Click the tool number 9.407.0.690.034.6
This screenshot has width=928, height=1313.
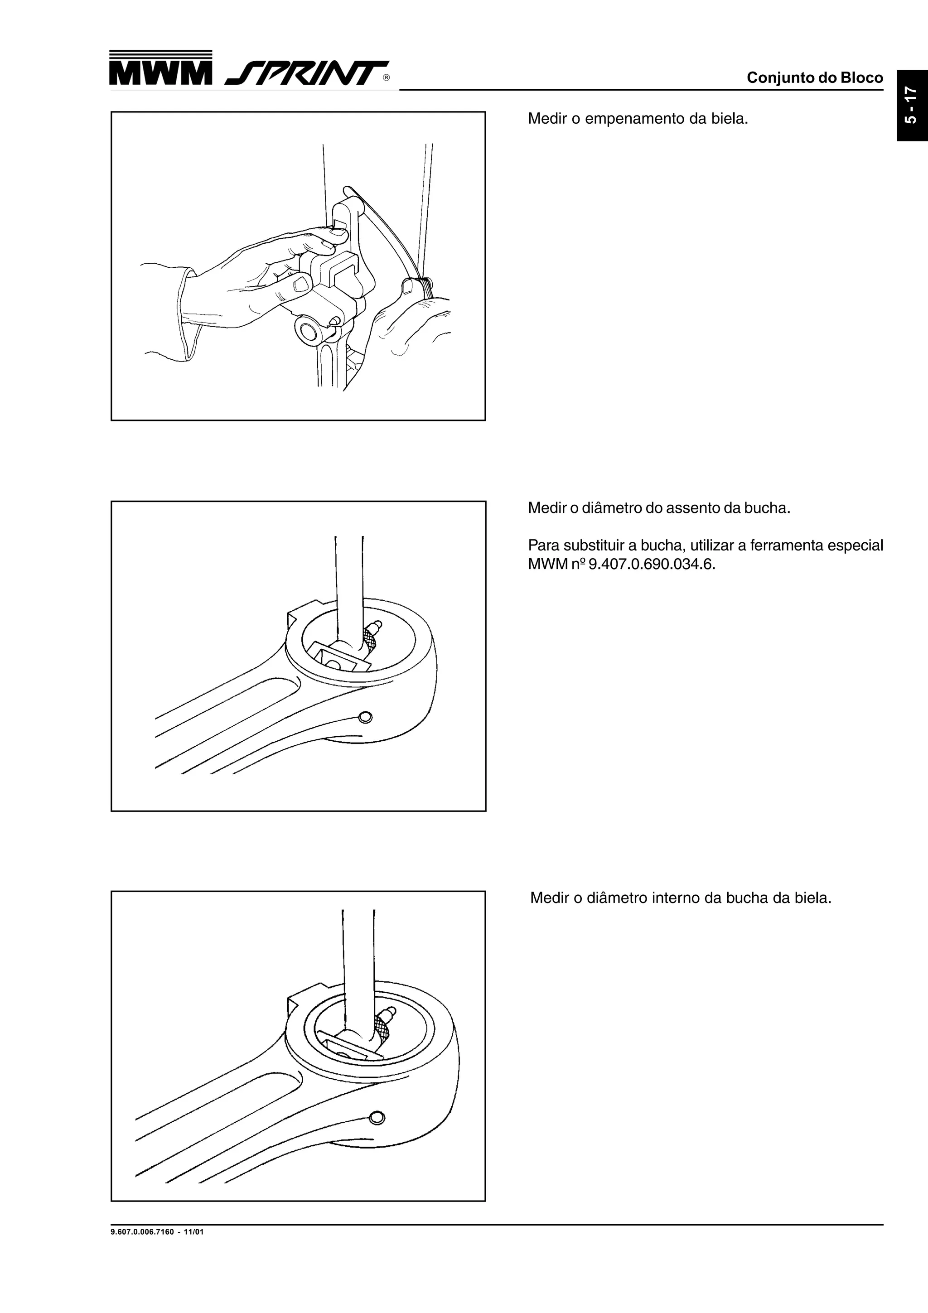click(x=652, y=565)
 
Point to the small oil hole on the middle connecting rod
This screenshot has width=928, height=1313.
click(x=365, y=717)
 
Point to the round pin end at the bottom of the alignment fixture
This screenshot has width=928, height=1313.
click(x=308, y=332)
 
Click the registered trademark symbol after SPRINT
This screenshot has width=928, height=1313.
click(x=387, y=78)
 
